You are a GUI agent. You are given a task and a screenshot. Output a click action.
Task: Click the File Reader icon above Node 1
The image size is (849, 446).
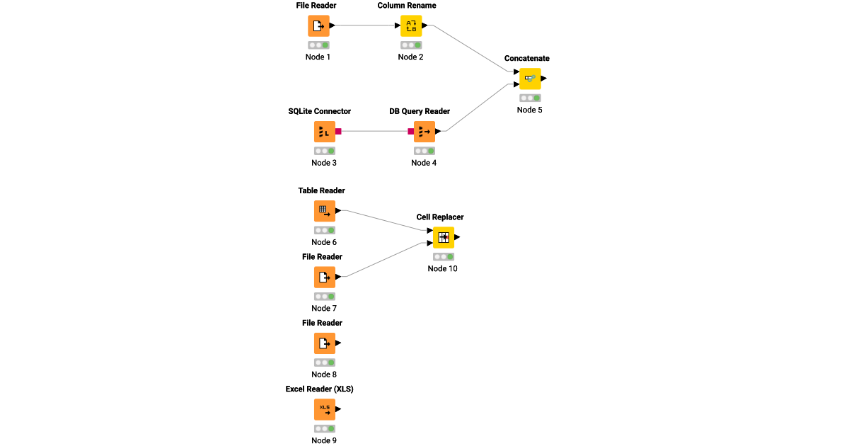click(318, 26)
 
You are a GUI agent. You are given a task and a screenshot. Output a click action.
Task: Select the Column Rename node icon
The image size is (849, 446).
click(411, 26)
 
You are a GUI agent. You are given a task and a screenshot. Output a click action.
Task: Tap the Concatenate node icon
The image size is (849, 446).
click(530, 79)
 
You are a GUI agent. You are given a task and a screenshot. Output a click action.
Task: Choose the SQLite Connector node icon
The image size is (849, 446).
click(324, 132)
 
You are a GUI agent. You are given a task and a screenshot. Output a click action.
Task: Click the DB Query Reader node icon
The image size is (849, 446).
click(424, 132)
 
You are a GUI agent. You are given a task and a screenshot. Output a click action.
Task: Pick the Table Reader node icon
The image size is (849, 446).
click(324, 211)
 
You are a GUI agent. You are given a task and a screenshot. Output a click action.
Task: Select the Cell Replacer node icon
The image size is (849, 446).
click(444, 237)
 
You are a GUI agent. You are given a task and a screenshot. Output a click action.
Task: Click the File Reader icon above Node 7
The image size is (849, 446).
click(324, 277)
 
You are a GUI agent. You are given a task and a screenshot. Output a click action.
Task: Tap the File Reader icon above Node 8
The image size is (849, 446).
click(324, 343)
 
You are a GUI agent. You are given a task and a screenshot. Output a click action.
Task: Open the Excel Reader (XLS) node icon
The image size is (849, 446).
click(324, 409)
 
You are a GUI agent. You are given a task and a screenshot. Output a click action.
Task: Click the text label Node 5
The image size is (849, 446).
click(530, 110)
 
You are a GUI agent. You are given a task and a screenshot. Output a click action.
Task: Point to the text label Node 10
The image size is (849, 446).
click(443, 268)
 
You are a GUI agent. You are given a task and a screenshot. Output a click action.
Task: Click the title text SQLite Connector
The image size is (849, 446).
click(319, 111)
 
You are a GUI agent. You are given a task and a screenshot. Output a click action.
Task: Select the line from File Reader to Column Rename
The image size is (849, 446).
click(364, 26)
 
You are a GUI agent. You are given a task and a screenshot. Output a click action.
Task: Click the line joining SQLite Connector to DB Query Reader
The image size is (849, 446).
click(375, 131)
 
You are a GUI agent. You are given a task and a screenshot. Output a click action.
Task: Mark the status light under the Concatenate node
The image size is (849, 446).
click(530, 98)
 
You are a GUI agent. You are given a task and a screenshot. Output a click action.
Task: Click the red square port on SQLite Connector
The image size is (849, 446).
click(339, 131)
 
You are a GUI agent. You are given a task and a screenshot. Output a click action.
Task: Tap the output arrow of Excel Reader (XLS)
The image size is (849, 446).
click(338, 409)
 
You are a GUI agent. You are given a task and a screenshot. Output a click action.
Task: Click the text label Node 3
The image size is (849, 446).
click(324, 163)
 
